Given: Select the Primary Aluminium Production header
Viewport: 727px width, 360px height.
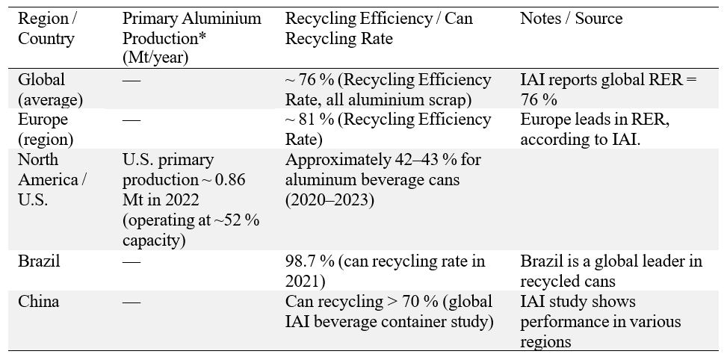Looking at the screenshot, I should [x=191, y=28].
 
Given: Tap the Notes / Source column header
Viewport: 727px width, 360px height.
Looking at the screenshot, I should [x=572, y=18].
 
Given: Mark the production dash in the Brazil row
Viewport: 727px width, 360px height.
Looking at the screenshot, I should [x=132, y=261].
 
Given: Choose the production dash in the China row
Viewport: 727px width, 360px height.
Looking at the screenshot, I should [x=132, y=302].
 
